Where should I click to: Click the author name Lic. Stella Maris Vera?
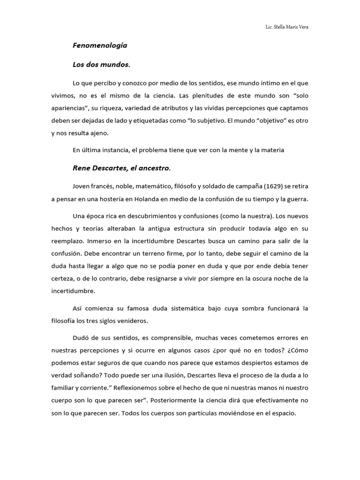(x=287, y=27)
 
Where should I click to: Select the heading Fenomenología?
(x=100, y=46)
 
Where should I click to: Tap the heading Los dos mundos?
(x=101, y=65)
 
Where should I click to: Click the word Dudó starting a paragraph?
(x=81, y=338)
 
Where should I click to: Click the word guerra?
(x=296, y=199)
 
